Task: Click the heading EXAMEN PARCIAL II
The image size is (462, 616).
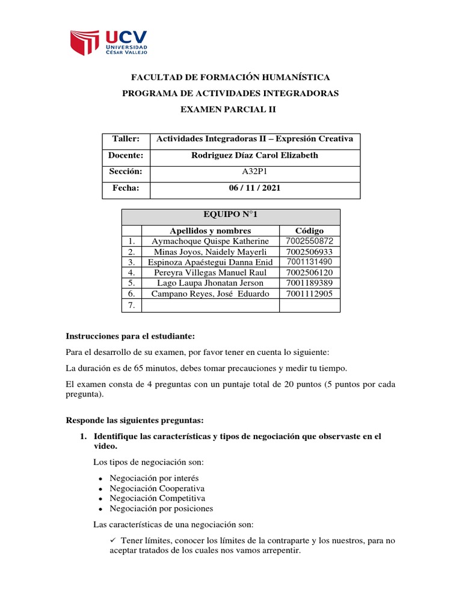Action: [x=230, y=109]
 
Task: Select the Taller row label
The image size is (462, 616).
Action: [x=125, y=139]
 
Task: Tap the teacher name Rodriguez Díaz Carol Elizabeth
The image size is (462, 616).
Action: [x=254, y=155]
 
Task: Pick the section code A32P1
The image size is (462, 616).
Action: [x=254, y=171]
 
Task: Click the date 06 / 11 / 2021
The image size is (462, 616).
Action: [x=254, y=188]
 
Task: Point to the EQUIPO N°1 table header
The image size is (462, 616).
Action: [x=230, y=215]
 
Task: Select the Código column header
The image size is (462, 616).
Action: [x=309, y=230]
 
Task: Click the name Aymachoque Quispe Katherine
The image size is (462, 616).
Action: [x=210, y=241]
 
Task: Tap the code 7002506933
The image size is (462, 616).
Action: [x=309, y=251]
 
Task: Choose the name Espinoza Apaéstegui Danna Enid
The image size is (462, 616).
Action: [x=210, y=262]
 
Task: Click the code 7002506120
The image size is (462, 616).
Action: [x=309, y=273]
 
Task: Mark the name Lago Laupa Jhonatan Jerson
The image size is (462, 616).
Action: [x=210, y=283]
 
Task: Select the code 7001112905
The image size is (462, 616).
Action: [x=309, y=294]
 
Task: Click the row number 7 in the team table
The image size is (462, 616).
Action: [x=131, y=306]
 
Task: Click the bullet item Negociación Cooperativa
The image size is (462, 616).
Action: [x=157, y=488]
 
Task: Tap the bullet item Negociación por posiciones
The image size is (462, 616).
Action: [x=161, y=508]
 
